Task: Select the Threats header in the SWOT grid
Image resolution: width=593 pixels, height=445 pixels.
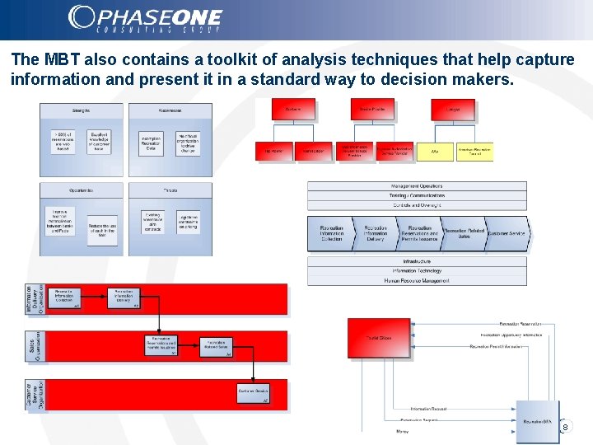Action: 170,190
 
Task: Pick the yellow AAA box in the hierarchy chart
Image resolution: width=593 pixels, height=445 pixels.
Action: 436,152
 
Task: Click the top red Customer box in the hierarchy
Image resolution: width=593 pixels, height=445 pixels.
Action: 293,109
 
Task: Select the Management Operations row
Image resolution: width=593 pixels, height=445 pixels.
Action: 417,186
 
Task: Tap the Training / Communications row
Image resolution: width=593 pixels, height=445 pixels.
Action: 417,195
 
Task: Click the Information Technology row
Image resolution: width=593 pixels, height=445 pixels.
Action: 417,270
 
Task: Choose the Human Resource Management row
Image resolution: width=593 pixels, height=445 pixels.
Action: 417,280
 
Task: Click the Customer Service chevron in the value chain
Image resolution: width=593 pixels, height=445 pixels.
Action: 506,234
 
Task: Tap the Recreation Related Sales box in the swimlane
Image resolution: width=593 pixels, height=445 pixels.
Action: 216,345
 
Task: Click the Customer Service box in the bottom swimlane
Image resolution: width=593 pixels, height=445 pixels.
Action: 254,393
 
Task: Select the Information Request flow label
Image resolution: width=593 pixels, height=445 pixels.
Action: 429,409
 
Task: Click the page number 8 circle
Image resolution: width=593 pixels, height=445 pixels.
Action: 565,427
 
